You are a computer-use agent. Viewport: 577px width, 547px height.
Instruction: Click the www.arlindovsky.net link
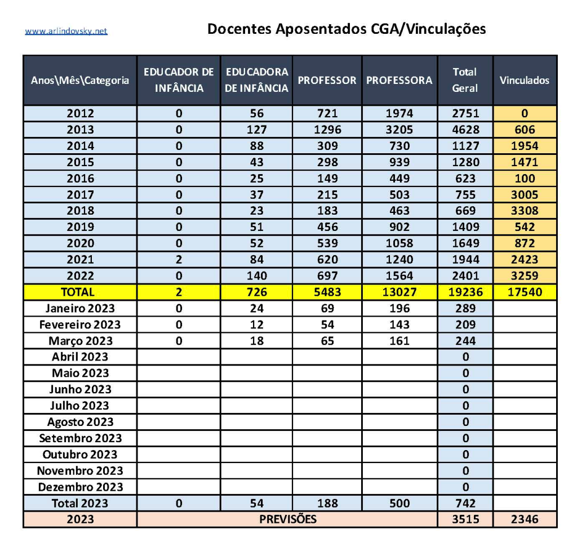[x=66, y=31]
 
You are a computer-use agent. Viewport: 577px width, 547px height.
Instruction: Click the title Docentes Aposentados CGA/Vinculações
[x=347, y=29]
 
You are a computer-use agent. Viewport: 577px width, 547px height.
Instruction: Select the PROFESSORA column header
[x=399, y=80]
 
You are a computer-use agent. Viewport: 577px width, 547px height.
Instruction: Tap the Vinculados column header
[x=524, y=80]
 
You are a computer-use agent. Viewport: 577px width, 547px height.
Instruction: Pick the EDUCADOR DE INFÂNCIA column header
[x=179, y=80]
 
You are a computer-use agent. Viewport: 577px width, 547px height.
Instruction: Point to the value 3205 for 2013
[x=399, y=130]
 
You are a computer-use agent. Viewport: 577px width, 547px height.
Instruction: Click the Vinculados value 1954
[x=524, y=146]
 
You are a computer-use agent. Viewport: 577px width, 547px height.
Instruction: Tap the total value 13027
[x=399, y=292]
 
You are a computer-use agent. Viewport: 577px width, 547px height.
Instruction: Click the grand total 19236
[x=465, y=292]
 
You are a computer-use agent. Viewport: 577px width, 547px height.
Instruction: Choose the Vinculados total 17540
[x=524, y=292]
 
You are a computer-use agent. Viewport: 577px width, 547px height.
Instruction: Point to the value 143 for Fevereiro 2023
[x=399, y=324]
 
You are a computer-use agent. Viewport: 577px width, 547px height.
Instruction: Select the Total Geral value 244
[x=465, y=341]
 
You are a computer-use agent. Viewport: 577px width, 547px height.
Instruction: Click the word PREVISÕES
[x=287, y=519]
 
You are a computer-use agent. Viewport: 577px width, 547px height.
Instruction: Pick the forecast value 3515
[x=465, y=519]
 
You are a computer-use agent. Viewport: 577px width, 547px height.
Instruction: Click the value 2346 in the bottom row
[x=524, y=519]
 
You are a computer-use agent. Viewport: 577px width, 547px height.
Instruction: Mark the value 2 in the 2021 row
[x=179, y=260]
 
